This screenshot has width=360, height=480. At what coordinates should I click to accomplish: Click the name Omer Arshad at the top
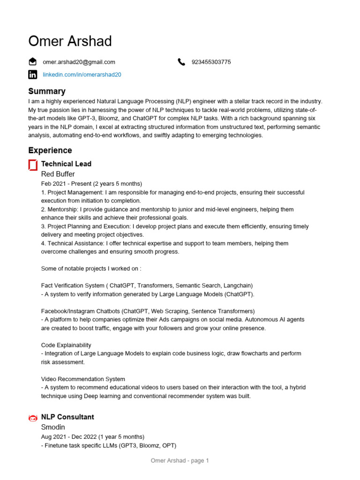[70, 41]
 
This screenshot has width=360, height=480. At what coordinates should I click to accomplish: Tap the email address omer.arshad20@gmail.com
[79, 62]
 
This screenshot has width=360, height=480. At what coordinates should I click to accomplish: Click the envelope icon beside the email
[32, 61]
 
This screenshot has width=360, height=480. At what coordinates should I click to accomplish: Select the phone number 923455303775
[211, 62]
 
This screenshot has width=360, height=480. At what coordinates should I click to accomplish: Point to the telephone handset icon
[182, 62]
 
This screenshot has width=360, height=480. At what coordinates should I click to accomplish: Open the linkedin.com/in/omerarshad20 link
[82, 75]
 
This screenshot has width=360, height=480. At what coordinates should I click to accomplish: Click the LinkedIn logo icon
[32, 75]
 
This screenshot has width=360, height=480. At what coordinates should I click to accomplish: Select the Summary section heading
[46, 91]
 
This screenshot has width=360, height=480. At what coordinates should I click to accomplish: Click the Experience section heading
[50, 150]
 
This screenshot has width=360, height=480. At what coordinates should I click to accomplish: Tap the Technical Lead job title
[66, 164]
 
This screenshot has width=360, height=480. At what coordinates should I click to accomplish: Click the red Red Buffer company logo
[33, 165]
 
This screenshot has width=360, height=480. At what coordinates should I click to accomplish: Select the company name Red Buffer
[58, 174]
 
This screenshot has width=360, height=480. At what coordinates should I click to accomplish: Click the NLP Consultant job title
[67, 417]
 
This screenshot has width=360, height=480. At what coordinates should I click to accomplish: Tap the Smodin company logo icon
[33, 418]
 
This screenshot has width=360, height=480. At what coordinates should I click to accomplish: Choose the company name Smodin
[53, 427]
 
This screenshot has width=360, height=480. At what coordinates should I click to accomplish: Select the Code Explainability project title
[66, 345]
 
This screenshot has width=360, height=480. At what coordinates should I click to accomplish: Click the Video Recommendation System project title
[83, 379]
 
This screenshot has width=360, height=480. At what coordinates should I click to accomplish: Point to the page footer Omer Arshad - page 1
[180, 461]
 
